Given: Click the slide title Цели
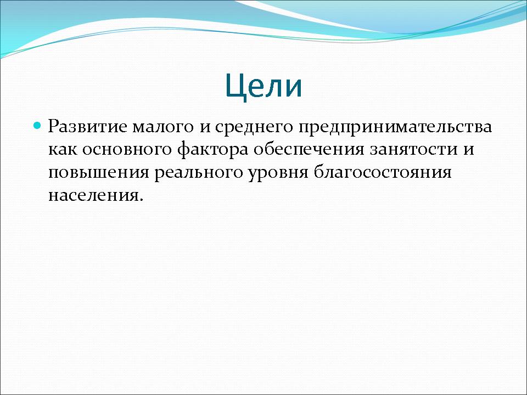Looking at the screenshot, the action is [264, 87].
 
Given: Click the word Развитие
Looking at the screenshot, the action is [88, 126].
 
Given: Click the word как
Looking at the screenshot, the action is [63, 149].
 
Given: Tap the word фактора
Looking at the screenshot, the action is [213, 150].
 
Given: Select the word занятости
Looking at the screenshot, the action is [414, 150].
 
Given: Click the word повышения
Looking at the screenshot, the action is [99, 173].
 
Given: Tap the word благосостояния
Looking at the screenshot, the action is [383, 173].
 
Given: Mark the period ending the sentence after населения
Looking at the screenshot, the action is [141, 200].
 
